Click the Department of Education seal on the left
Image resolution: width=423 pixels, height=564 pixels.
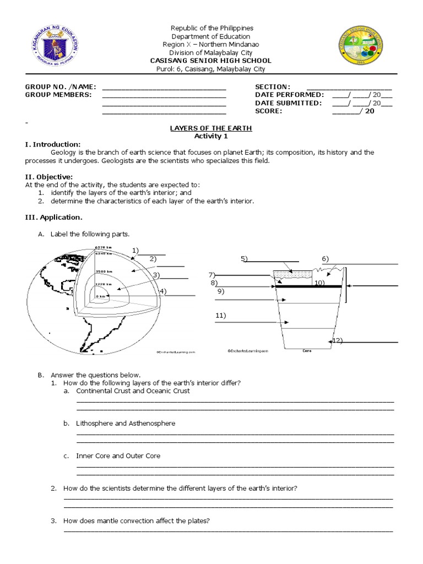[53, 48]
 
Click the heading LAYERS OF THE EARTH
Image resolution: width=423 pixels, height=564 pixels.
[211, 128]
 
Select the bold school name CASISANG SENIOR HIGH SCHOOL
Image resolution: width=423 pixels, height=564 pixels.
[211, 61]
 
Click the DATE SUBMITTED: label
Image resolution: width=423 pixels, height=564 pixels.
[288, 103]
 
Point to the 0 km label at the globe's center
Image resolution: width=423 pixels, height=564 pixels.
[101, 296]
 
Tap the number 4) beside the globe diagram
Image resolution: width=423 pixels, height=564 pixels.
[163, 291]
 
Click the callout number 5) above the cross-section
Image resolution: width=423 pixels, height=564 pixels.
[244, 259]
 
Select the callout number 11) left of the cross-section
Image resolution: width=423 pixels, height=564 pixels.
[221, 316]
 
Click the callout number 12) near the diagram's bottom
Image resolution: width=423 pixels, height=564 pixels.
[338, 341]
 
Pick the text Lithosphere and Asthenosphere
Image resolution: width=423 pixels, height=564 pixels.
[126, 423]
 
